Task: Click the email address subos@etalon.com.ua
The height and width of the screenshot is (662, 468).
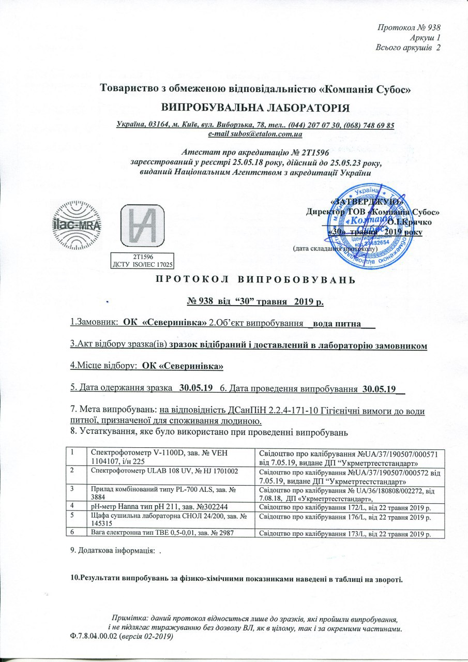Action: click(255, 134)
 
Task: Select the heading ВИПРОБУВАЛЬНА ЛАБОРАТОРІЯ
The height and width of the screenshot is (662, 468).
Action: click(256, 108)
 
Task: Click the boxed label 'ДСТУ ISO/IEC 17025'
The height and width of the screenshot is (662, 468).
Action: click(142, 264)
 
